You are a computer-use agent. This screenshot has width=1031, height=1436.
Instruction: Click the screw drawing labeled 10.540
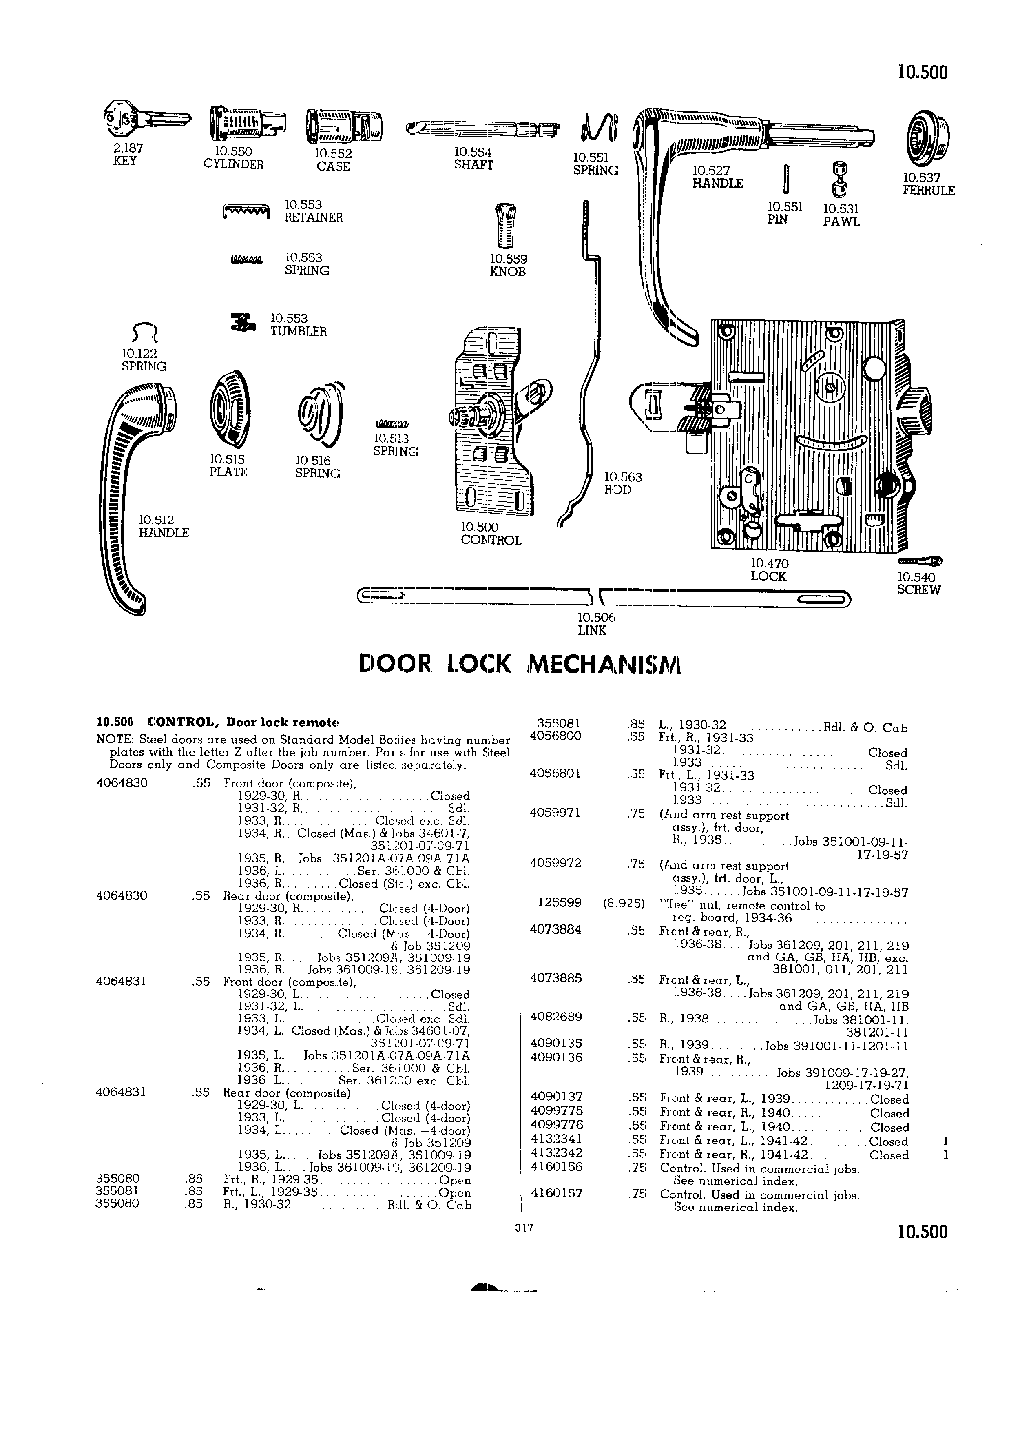(x=919, y=561)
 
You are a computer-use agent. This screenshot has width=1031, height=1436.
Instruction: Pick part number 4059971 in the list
(x=554, y=813)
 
